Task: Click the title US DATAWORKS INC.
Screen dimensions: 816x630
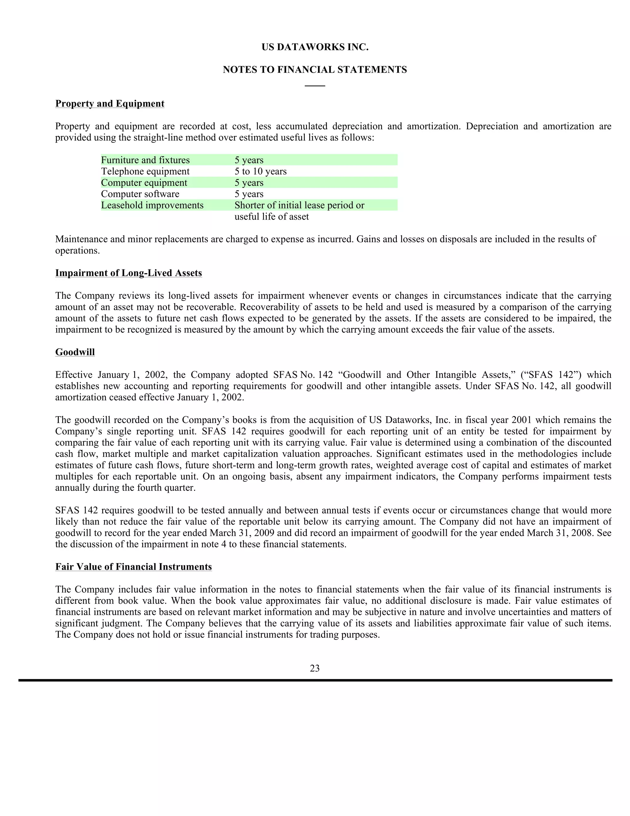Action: (x=315, y=47)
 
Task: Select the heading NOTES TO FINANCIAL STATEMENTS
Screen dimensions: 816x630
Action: (x=315, y=70)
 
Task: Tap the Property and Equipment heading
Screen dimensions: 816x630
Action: (x=110, y=103)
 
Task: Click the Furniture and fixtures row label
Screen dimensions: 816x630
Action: (x=145, y=160)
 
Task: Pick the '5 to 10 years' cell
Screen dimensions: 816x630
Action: (x=261, y=172)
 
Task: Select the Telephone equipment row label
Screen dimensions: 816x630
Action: (x=145, y=172)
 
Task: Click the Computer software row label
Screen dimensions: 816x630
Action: (x=140, y=194)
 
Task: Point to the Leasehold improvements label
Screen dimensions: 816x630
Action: (x=152, y=205)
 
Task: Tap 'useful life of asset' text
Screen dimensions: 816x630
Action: (x=271, y=217)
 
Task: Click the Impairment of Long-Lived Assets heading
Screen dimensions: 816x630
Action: (x=128, y=273)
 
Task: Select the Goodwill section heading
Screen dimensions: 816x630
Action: (x=75, y=352)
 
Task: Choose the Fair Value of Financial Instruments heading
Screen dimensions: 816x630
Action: (x=134, y=567)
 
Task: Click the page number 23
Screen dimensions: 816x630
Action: (x=315, y=668)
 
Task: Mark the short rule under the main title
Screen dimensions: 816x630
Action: (x=315, y=86)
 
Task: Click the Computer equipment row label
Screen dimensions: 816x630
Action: (x=144, y=183)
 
